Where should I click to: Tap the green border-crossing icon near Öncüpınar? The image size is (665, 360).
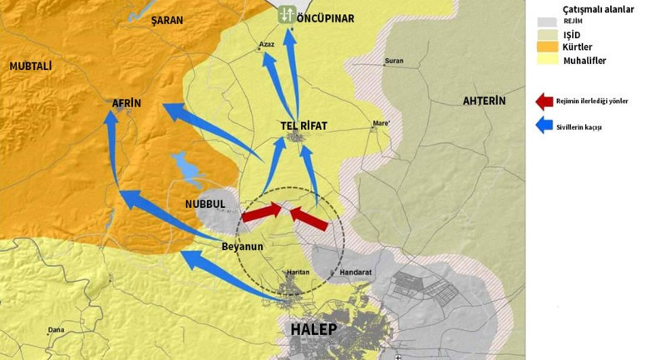point(286,14)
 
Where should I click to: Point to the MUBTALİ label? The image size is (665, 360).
point(31,65)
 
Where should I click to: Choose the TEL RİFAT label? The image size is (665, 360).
point(303,126)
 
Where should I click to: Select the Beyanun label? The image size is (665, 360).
point(242,246)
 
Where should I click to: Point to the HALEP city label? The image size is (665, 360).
point(313,329)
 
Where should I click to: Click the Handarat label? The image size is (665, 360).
point(355,272)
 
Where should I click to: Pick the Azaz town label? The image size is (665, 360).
point(266,43)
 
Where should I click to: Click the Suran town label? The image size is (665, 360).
point(393,62)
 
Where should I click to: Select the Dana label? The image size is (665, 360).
point(56,330)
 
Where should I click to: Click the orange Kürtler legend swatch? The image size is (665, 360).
point(545,47)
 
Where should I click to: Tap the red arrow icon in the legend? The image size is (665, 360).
point(544,101)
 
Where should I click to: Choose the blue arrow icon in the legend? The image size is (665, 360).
point(544,126)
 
